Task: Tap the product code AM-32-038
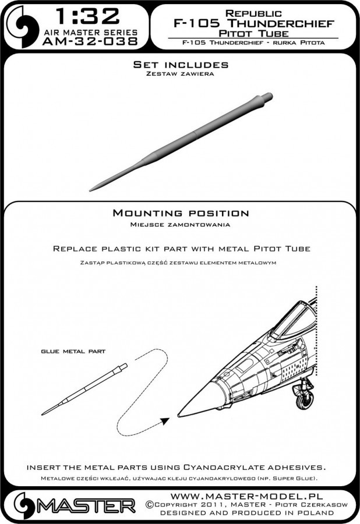[x=89, y=42]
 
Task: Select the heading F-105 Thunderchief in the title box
[x=252, y=24]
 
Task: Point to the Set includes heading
[x=180, y=65]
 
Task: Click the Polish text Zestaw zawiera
[x=180, y=75]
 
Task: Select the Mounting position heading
[x=180, y=214]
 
